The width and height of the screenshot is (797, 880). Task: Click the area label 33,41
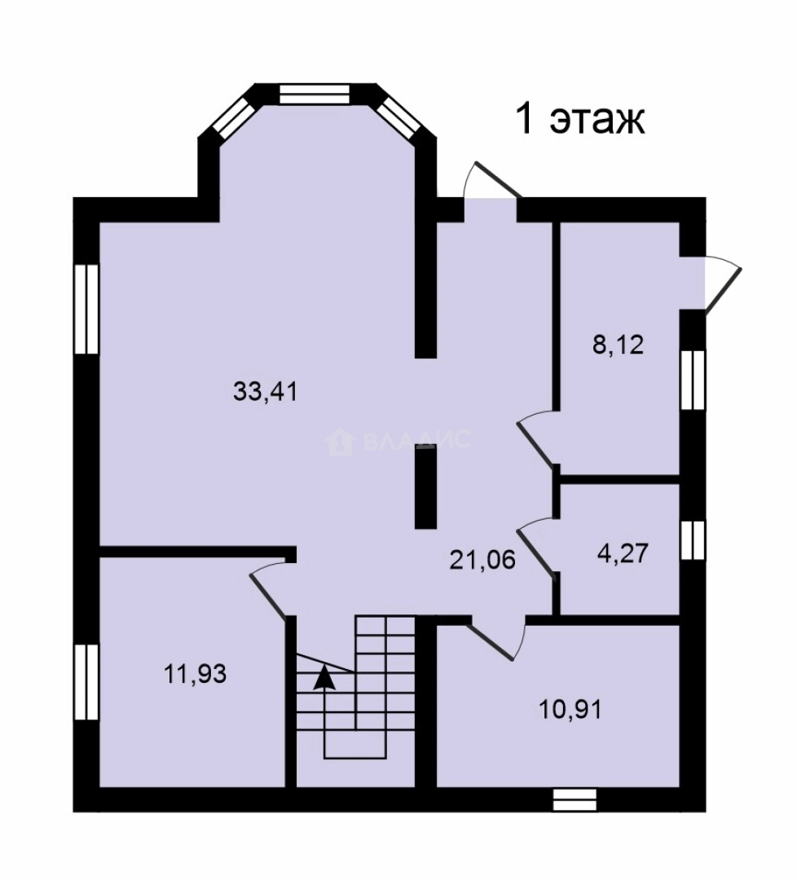click(265, 391)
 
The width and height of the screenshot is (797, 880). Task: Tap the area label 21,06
click(482, 560)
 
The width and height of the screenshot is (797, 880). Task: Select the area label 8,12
click(618, 345)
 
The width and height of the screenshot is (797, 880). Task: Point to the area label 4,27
click(623, 553)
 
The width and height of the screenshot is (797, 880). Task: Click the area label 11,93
click(195, 674)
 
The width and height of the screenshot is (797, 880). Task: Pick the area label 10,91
click(570, 710)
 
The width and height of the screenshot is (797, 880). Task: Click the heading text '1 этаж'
click(580, 118)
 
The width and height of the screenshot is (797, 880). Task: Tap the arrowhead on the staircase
click(324, 677)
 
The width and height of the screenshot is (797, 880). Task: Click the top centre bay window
click(315, 94)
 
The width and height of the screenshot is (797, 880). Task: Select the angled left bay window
click(236, 118)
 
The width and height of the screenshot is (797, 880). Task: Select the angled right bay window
click(398, 118)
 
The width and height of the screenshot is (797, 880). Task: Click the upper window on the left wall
click(86, 309)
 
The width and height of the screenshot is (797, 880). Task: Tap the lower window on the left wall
click(86, 682)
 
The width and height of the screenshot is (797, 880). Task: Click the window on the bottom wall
click(575, 800)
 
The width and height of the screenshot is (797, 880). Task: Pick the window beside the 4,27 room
click(693, 540)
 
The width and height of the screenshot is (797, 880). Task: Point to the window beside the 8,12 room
click(693, 381)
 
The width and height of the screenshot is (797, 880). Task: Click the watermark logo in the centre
click(340, 442)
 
